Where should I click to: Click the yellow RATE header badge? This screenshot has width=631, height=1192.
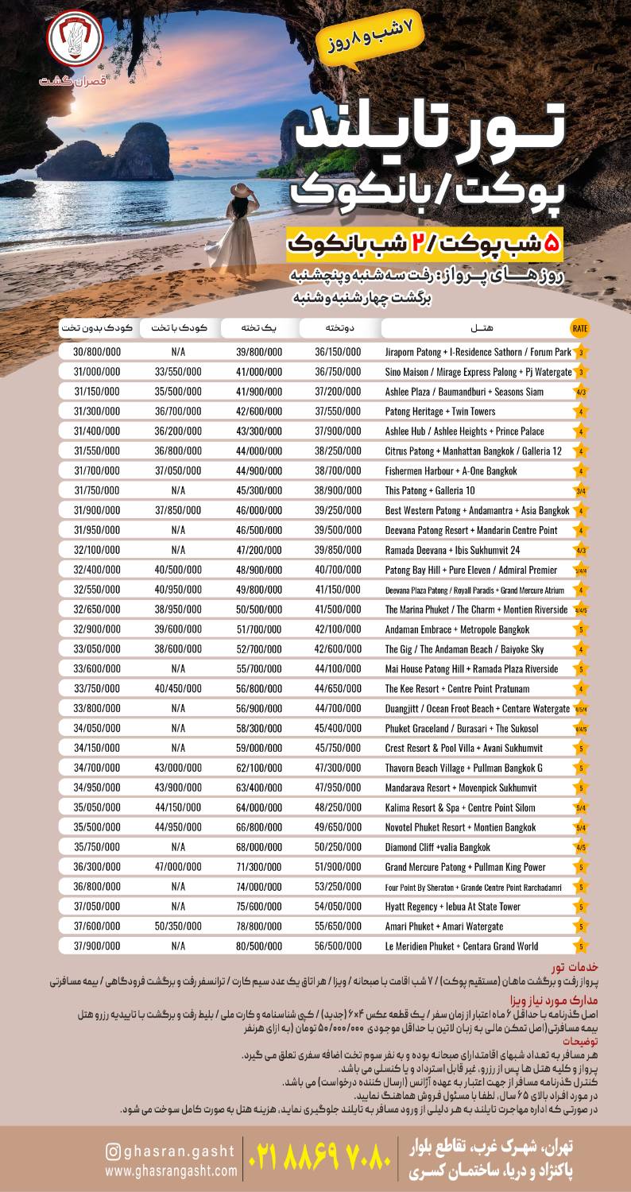tap(580, 327)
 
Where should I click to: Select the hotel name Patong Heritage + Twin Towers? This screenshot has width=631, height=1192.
tap(439, 411)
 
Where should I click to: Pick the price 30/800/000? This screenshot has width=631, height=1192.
tap(97, 352)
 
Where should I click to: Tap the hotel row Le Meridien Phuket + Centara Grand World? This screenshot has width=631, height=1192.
tap(462, 946)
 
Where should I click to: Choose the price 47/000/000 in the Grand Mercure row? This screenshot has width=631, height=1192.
tap(178, 867)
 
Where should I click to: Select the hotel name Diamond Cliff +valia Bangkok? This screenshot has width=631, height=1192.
tap(438, 847)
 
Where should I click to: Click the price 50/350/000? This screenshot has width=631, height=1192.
tap(178, 926)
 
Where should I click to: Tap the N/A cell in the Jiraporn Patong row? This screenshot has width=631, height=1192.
tap(178, 352)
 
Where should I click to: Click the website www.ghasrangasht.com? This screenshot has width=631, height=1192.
tap(171, 1171)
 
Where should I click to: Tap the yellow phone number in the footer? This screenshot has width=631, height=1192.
tap(323, 1159)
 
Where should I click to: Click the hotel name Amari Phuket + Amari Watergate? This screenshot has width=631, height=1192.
tap(444, 926)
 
